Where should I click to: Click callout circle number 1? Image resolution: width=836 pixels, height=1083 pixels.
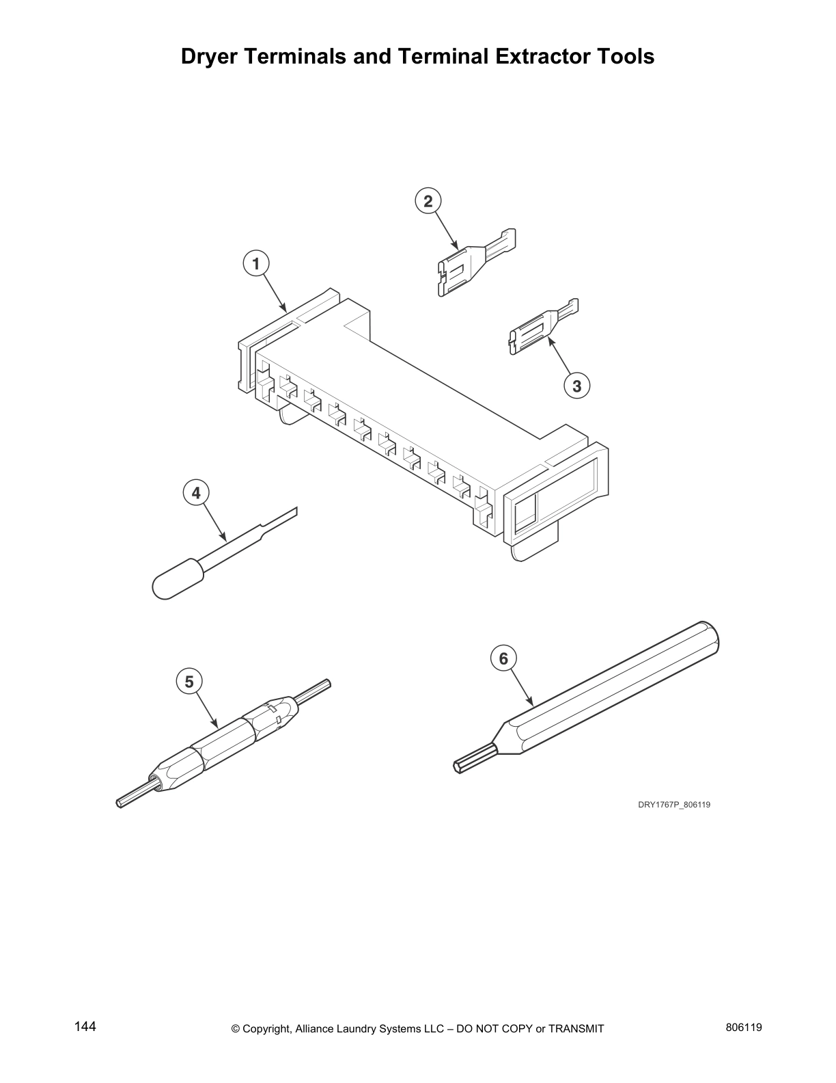(256, 263)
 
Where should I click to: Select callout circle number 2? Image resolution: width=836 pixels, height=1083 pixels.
(428, 201)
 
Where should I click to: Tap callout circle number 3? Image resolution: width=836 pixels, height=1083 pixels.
(577, 386)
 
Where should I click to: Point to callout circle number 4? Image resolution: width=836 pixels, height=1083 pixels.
(196, 492)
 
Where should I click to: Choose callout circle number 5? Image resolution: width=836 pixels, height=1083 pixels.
(189, 682)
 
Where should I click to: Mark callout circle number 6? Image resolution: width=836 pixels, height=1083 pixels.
(503, 658)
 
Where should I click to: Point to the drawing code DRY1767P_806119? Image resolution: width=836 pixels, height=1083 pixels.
(674, 805)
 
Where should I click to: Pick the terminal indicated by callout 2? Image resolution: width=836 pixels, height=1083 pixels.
(471, 263)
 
